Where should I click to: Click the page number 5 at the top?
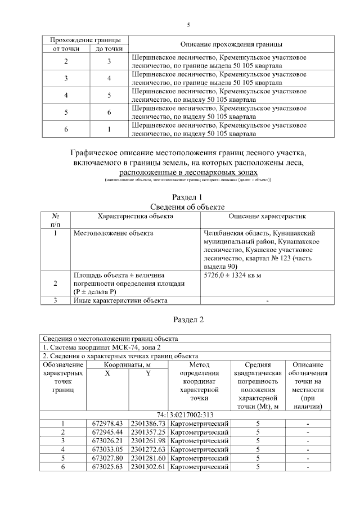click(188, 25)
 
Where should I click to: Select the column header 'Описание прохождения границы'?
click(231, 44)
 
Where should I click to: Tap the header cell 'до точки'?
click(110, 49)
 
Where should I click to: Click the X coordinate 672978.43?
click(106, 423)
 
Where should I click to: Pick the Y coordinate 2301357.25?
click(147, 431)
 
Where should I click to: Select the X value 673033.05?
click(106, 449)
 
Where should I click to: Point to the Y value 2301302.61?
click(147, 466)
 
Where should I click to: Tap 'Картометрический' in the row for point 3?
click(200, 440)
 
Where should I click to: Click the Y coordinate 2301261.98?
click(147, 440)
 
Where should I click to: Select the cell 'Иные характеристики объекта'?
click(120, 300)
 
